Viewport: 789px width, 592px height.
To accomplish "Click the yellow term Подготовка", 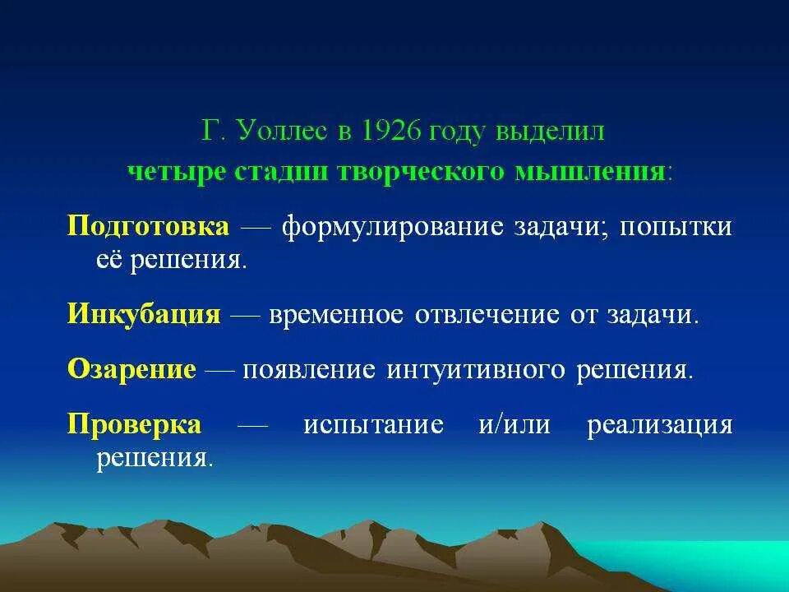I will click(x=148, y=226).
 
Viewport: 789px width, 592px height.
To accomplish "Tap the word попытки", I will click(x=676, y=226).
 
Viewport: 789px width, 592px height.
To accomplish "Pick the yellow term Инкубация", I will click(x=144, y=315).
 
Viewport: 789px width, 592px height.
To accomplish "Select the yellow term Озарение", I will click(x=131, y=369).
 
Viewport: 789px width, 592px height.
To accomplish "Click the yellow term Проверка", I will click(x=134, y=424).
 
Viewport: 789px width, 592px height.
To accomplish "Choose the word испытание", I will click(x=373, y=424).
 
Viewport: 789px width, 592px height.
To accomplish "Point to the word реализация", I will click(x=659, y=424).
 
